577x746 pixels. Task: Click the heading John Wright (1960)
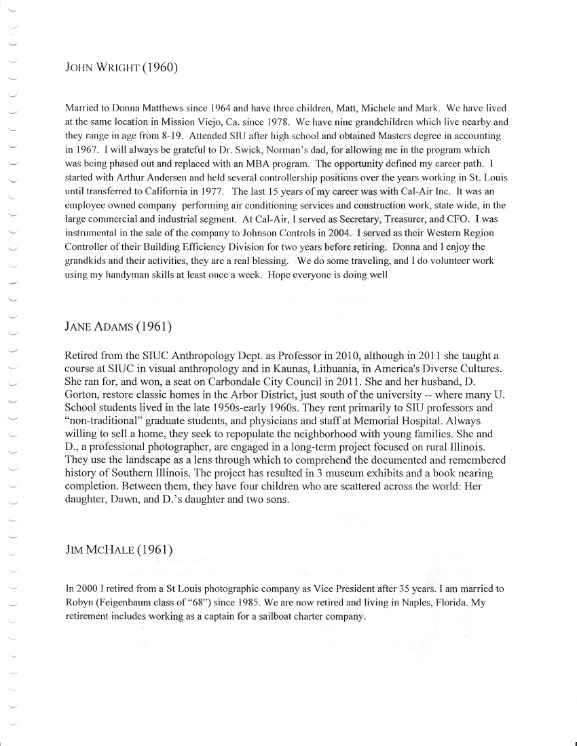click(x=122, y=68)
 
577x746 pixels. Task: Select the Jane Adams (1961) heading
click(x=117, y=327)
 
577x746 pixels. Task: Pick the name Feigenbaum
click(x=132, y=603)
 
